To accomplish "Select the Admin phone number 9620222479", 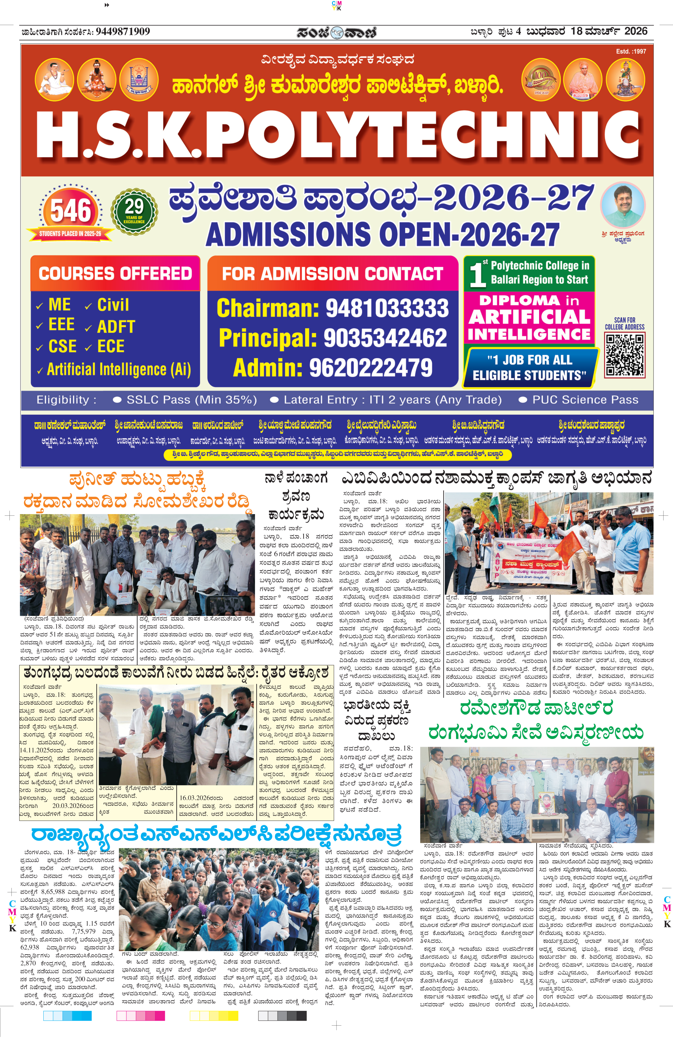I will click(371, 367).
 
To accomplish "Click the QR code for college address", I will click(624, 355).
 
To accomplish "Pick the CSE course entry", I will click(62, 346).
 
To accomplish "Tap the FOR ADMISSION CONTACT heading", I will click(332, 273).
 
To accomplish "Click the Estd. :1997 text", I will click(631, 51).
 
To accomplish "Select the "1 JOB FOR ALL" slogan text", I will click(529, 360).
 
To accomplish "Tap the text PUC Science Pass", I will click(585, 400).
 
